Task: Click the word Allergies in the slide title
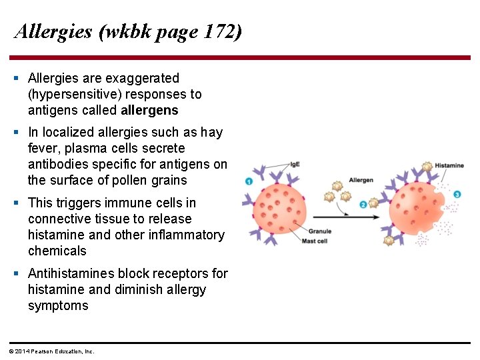(x=53, y=31)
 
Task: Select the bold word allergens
(x=149, y=110)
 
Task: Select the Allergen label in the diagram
(x=361, y=180)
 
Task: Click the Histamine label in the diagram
(x=449, y=165)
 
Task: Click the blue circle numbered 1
(x=248, y=181)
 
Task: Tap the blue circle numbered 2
(x=363, y=204)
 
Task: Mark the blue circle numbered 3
(x=457, y=194)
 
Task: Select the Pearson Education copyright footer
(x=51, y=351)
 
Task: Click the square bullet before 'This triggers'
(x=16, y=203)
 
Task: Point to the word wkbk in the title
(x=125, y=31)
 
